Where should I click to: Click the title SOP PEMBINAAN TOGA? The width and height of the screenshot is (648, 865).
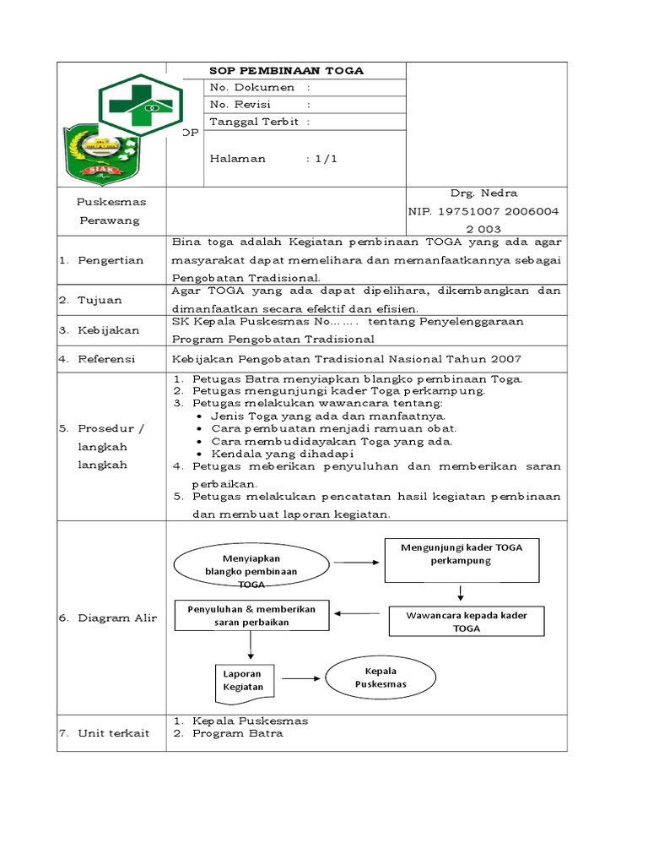[286, 71]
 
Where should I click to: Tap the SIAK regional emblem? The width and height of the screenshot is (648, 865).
[102, 155]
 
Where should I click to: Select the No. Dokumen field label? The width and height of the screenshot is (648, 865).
[252, 87]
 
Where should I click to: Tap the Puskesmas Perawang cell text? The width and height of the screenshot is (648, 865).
[111, 211]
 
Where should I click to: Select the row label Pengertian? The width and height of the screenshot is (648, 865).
[111, 260]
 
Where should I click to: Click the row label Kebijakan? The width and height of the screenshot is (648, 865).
[109, 330]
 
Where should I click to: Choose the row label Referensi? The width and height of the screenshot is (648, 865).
[106, 359]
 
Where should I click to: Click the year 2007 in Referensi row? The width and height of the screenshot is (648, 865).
[507, 359]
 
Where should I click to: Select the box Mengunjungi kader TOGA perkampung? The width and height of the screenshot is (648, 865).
[462, 560]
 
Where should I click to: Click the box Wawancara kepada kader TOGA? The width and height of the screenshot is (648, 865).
[467, 622]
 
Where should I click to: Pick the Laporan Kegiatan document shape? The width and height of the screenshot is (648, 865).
[244, 679]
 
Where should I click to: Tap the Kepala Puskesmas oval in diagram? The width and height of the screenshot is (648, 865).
[381, 677]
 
